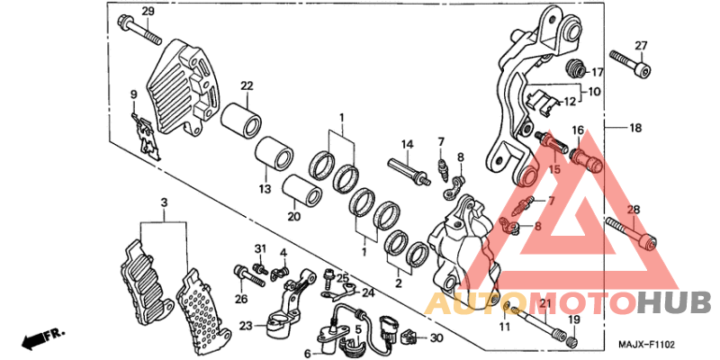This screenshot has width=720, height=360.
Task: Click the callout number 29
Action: (148, 11)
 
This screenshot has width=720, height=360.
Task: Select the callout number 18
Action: (635, 129)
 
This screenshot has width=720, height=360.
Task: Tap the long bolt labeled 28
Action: (632, 231)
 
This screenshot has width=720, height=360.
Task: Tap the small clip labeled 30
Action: (410, 338)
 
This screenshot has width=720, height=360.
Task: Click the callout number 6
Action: (307, 354)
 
